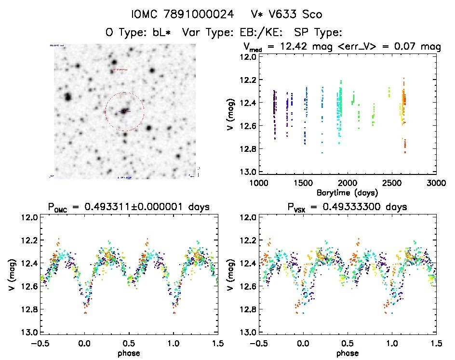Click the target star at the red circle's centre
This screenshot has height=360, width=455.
(125, 111)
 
